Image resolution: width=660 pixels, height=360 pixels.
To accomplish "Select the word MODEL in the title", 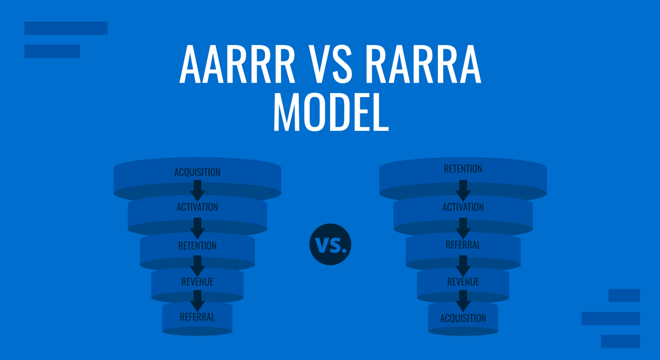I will coord(330,113).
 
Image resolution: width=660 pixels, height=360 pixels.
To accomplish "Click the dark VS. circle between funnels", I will coord(330,245).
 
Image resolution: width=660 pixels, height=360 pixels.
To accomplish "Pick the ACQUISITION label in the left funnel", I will coord(197,172).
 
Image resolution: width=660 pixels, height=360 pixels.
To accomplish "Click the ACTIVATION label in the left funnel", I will coord(197,207).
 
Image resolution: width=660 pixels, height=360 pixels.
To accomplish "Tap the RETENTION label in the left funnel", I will coord(197,246).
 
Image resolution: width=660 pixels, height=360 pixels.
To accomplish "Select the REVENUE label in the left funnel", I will coord(197,282).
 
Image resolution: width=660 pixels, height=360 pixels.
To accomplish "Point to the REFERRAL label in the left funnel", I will coord(197,317).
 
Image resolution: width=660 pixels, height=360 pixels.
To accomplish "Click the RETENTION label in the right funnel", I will coord(463,169).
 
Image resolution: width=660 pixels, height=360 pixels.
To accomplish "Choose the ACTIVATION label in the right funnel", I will coord(463,207).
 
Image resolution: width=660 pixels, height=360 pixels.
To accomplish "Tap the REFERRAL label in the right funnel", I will coord(463,245).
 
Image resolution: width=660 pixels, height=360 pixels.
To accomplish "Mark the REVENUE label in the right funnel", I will coord(463,282).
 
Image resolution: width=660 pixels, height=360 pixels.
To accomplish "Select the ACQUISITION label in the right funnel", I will coord(463,318).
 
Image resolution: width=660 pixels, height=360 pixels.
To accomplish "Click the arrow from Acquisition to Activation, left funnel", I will coord(197,190).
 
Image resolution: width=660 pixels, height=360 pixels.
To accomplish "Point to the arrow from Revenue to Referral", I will coord(197,300).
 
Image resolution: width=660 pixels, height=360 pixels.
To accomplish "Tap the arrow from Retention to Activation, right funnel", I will coord(463,189).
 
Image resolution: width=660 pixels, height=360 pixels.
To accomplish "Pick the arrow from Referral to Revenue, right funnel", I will coord(463,264).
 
